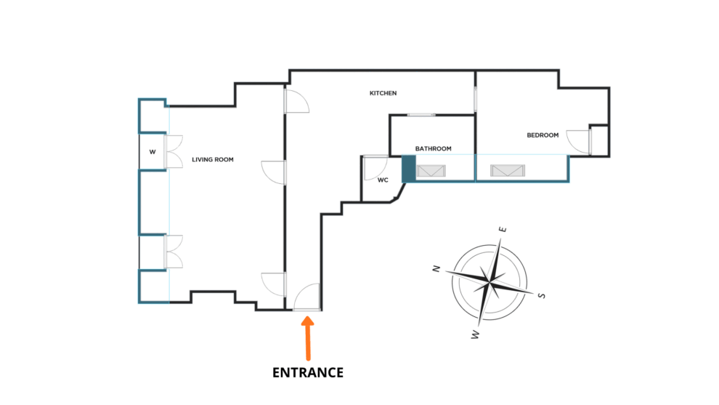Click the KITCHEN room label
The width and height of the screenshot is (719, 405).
coord(383,93)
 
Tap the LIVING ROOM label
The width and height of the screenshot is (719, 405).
coord(213,159)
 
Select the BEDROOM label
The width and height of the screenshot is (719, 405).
coord(543,135)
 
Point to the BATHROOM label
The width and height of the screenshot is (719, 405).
coord(433,149)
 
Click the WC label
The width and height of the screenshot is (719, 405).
coord(383,180)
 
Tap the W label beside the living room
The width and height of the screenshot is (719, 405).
coord(153,152)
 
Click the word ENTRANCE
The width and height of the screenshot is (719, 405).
coord(307,372)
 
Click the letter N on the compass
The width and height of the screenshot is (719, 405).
coord(436,268)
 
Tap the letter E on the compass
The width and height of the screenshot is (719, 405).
coord(502,230)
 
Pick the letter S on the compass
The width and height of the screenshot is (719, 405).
coord(541,295)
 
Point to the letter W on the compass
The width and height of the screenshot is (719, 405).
coord(476,334)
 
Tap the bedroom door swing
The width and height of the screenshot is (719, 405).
coord(579,141)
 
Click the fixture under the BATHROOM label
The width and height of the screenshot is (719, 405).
coord(431,172)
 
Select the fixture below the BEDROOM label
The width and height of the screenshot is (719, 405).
coord(507,172)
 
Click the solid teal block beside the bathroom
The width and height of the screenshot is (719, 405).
coord(408,168)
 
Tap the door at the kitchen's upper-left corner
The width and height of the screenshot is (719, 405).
coord(296,102)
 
